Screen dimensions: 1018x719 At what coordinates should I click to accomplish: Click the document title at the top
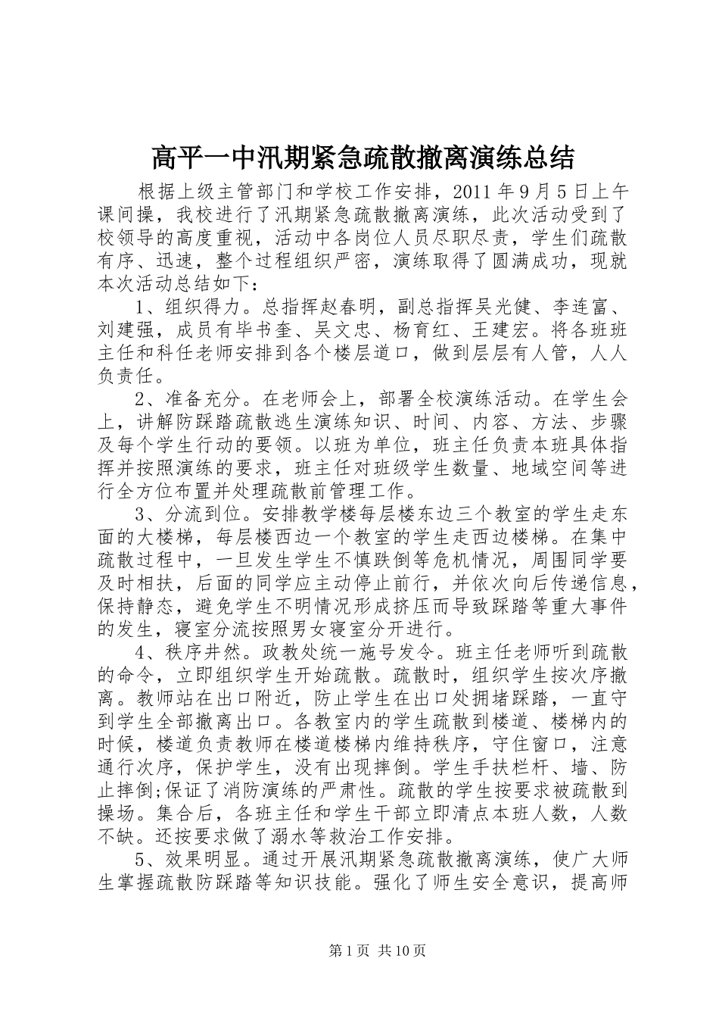(x=363, y=158)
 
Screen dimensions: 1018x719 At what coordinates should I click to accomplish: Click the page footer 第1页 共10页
(x=378, y=950)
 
